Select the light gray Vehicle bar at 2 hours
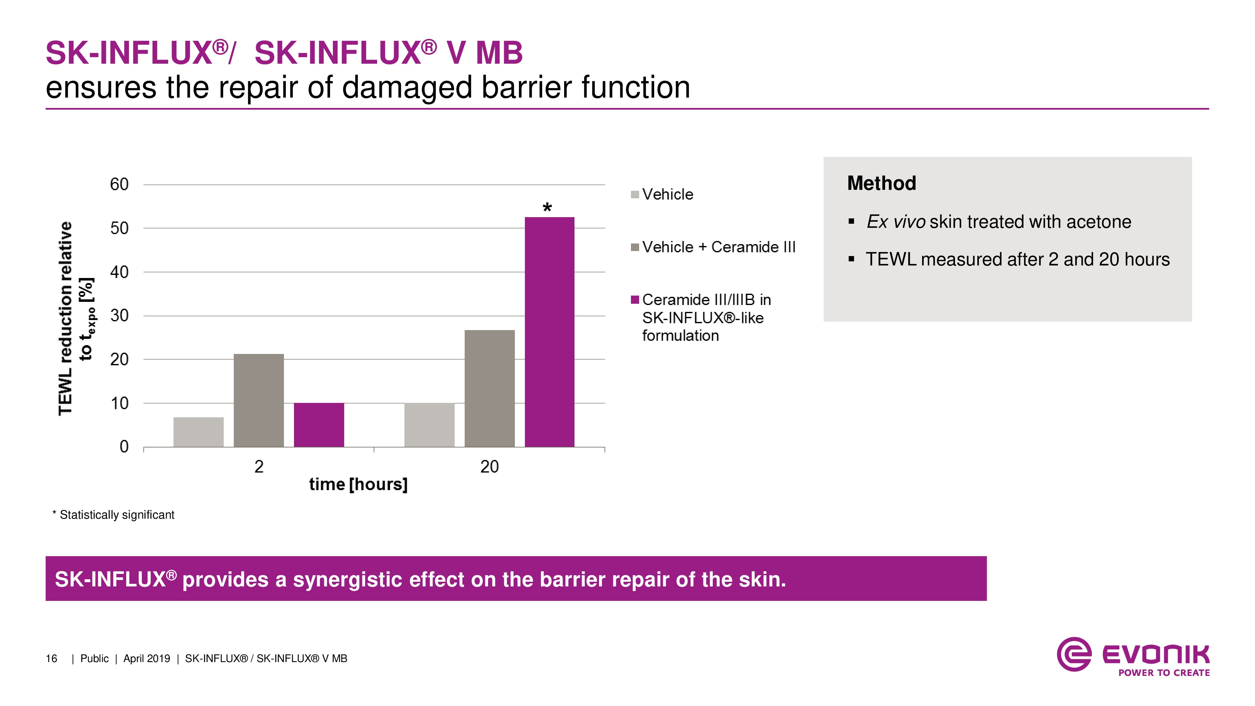click(x=198, y=432)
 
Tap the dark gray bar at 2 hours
click(x=259, y=400)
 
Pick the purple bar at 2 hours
click(x=319, y=425)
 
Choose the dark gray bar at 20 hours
click(x=490, y=388)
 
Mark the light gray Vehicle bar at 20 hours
click(x=429, y=425)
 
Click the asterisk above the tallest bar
click(x=547, y=207)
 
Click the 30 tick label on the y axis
click(x=119, y=316)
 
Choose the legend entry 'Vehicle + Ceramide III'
click(x=718, y=247)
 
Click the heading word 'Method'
click(x=882, y=183)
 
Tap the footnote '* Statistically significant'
click(x=113, y=515)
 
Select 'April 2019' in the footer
click(x=147, y=658)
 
